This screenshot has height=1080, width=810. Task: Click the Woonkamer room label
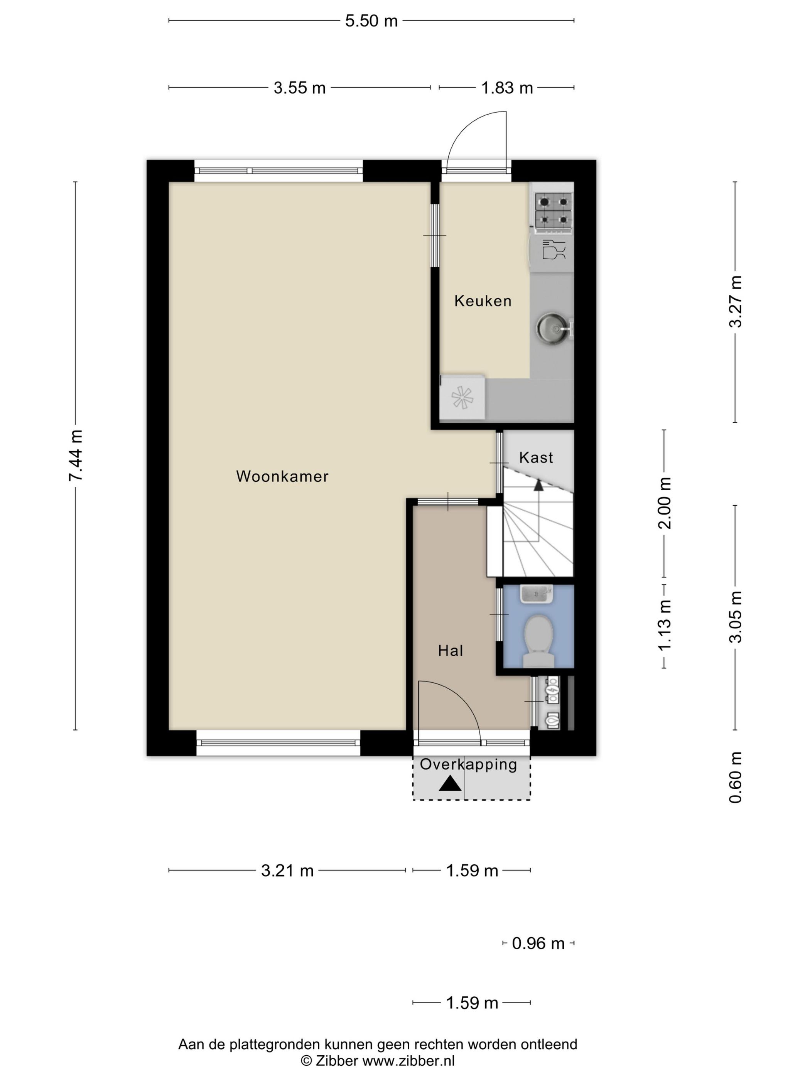(x=282, y=476)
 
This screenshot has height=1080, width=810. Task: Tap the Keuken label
(x=483, y=301)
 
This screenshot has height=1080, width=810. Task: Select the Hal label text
(x=450, y=650)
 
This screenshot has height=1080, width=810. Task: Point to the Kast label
(x=536, y=457)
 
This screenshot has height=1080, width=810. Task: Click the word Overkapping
(x=468, y=764)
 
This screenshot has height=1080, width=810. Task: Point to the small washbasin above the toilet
(x=537, y=594)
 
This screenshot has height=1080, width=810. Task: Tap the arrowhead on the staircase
(x=538, y=485)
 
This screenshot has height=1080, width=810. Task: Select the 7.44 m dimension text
(x=76, y=456)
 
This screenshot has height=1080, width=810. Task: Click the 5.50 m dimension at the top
(x=371, y=20)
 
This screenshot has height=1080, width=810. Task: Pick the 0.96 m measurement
(x=538, y=943)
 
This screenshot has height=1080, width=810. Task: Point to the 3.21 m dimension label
(x=287, y=870)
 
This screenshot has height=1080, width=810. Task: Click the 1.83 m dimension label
(x=507, y=88)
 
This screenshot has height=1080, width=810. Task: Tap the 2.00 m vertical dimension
(x=665, y=503)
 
